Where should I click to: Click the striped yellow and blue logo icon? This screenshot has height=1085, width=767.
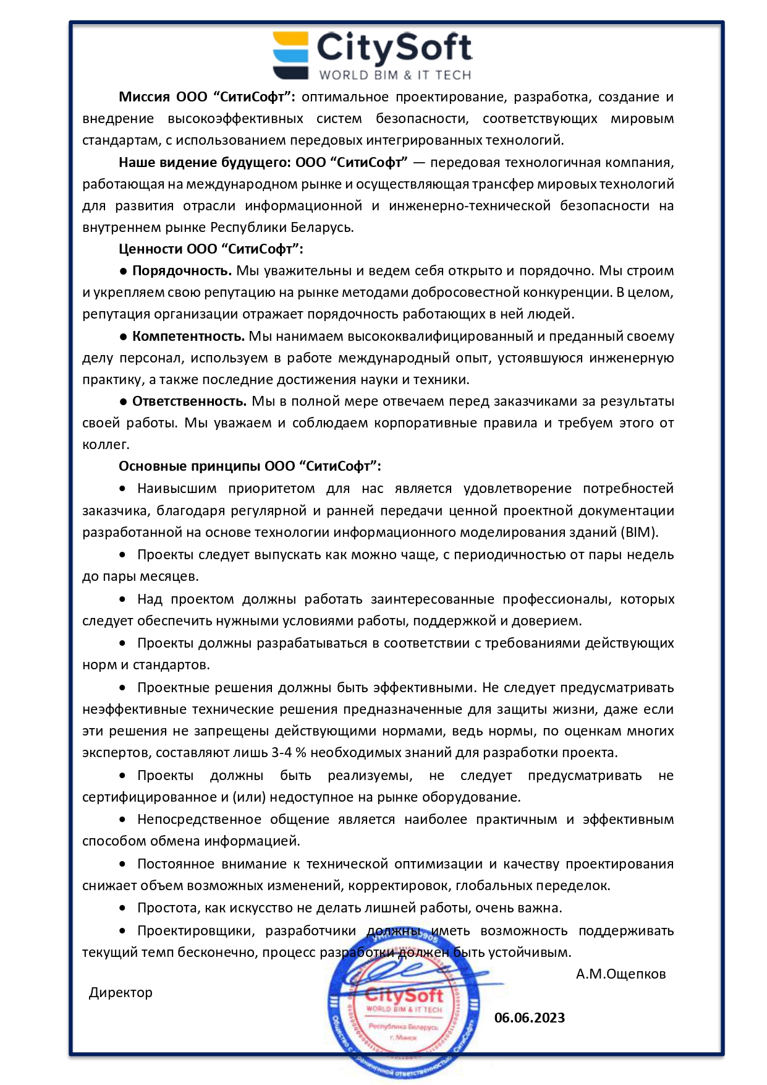pyautogui.click(x=290, y=55)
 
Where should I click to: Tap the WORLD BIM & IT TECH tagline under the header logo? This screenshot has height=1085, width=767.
pyautogui.click(x=395, y=75)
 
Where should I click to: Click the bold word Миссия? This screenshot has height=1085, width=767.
pyautogui.click(x=144, y=97)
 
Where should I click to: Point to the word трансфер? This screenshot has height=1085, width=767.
pyautogui.click(x=499, y=184)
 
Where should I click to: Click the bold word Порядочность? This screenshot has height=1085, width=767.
pyautogui.click(x=182, y=271)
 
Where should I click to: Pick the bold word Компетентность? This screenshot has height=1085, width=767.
pyautogui.click(x=188, y=337)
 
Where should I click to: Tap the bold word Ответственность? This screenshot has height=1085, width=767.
pyautogui.click(x=189, y=401)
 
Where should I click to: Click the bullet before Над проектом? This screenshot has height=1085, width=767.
pyautogui.click(x=123, y=599)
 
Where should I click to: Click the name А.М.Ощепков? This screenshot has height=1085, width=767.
pyautogui.click(x=621, y=974)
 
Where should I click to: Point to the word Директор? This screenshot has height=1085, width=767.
pyautogui.click(x=121, y=993)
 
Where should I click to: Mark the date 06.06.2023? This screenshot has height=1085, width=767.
pyautogui.click(x=529, y=1018)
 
